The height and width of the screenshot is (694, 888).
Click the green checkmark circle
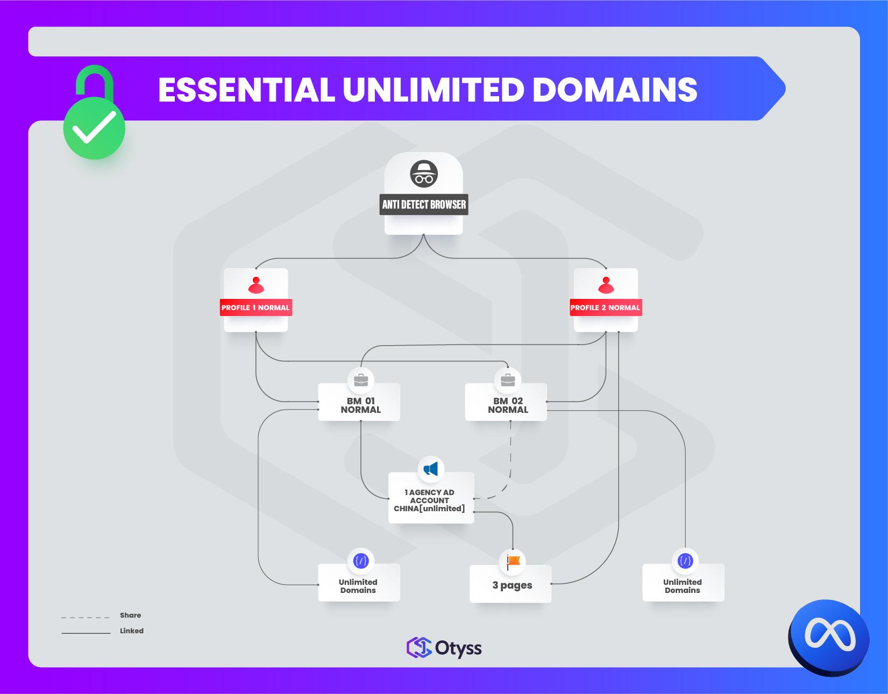pyautogui.click(x=94, y=128)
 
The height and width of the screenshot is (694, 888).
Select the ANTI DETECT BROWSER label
pyautogui.click(x=424, y=204)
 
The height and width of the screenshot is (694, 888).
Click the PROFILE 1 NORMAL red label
pyautogui.click(x=255, y=307)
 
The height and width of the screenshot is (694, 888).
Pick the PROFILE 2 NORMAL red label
pyautogui.click(x=605, y=307)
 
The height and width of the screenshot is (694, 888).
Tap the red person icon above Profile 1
pyautogui.click(x=256, y=285)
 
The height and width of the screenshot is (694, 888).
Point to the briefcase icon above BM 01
pyautogui.click(x=360, y=380)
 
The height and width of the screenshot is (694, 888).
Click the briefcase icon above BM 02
pyautogui.click(x=507, y=380)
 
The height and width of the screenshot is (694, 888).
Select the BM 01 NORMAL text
pyautogui.click(x=360, y=405)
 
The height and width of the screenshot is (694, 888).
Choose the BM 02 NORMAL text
pyautogui.click(x=508, y=405)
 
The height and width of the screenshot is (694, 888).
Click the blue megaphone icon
pyautogui.click(x=431, y=469)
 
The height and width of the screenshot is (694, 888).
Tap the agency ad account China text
pyautogui.click(x=429, y=500)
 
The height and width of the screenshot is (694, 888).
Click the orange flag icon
pyautogui.click(x=513, y=561)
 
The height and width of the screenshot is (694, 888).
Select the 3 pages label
pyautogui.click(x=512, y=585)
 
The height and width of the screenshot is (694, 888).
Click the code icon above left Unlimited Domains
pyautogui.click(x=360, y=561)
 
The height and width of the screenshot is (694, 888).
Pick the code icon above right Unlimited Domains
pyautogui.click(x=685, y=561)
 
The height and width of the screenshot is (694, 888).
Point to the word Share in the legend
pyautogui.click(x=130, y=615)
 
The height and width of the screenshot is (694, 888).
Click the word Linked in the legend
pyautogui.click(x=132, y=631)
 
